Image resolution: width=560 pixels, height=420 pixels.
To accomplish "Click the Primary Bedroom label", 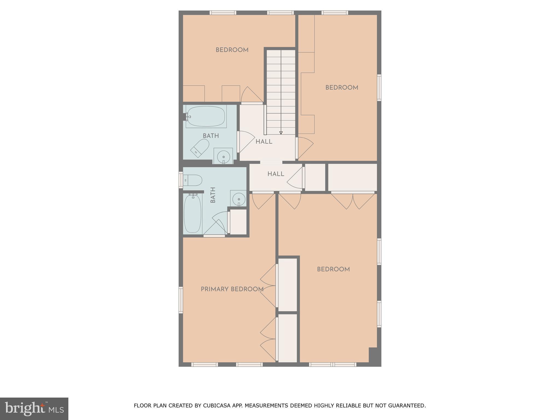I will tap(232, 289).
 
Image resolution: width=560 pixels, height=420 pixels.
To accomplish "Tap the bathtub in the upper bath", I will tap(206, 116).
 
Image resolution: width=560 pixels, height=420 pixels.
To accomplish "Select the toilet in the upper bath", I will tap(200, 148).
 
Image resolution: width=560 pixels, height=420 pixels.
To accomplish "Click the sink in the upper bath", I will tap(223, 156).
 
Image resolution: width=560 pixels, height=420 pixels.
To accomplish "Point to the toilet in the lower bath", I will tap(192, 180).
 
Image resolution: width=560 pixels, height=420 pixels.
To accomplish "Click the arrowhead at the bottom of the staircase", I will tap(281, 133).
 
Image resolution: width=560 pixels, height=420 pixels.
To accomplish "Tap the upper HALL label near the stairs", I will tap(264, 142).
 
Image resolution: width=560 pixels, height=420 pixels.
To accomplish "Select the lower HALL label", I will tap(276, 174).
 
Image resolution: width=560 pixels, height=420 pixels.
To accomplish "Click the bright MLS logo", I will tap(34, 409).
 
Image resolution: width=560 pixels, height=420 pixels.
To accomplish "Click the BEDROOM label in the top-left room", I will tap(232, 50).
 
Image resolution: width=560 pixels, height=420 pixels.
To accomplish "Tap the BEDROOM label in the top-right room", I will tap(342, 88).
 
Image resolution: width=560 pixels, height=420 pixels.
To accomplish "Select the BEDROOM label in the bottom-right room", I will tap(333, 269).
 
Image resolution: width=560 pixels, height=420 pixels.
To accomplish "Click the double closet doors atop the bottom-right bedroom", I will tap(353, 201).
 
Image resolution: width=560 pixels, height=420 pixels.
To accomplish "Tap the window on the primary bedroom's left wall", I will tap(181, 300).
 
